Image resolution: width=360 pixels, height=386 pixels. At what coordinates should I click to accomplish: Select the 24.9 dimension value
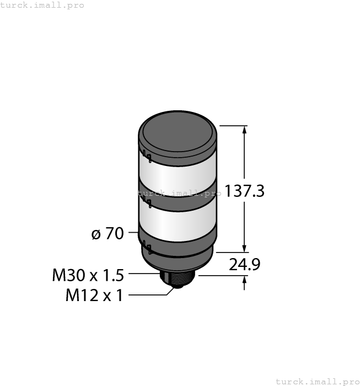click(x=244, y=265)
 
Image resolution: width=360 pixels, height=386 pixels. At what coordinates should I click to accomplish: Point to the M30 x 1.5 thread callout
click(x=88, y=274)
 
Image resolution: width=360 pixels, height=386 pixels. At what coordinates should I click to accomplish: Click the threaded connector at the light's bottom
click(x=178, y=279)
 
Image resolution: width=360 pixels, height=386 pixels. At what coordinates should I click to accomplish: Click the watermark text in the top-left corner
click(x=42, y=5)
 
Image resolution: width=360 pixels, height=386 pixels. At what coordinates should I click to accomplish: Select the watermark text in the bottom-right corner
click(x=316, y=381)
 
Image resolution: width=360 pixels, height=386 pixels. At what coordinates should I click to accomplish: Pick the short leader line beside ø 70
click(x=133, y=233)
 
